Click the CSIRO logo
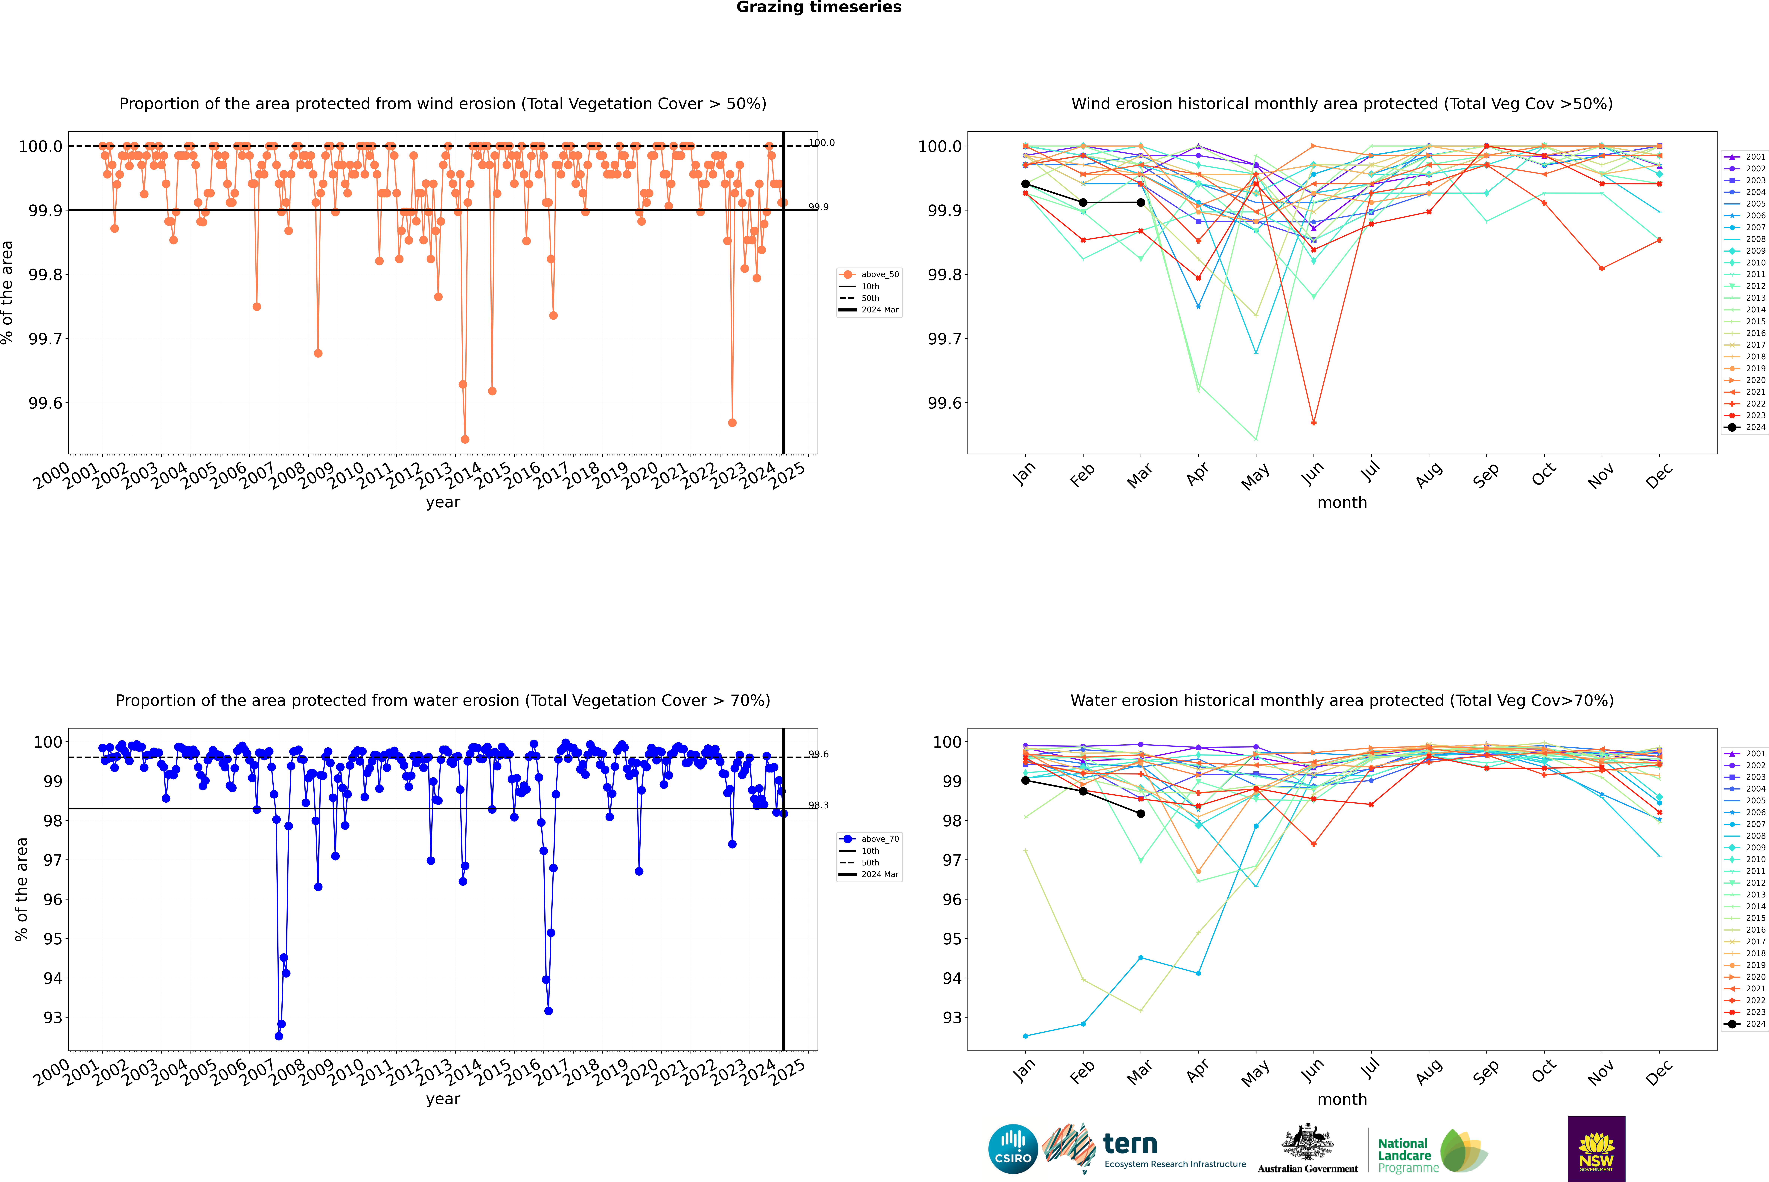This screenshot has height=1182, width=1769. pyautogui.click(x=1013, y=1149)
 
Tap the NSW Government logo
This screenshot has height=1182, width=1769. pyautogui.click(x=1596, y=1149)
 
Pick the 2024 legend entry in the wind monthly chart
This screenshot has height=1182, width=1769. pyautogui.click(x=1745, y=427)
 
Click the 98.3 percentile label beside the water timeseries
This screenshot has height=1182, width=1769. pyautogui.click(x=818, y=805)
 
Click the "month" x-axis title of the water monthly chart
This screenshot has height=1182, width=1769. pyautogui.click(x=1341, y=1099)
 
